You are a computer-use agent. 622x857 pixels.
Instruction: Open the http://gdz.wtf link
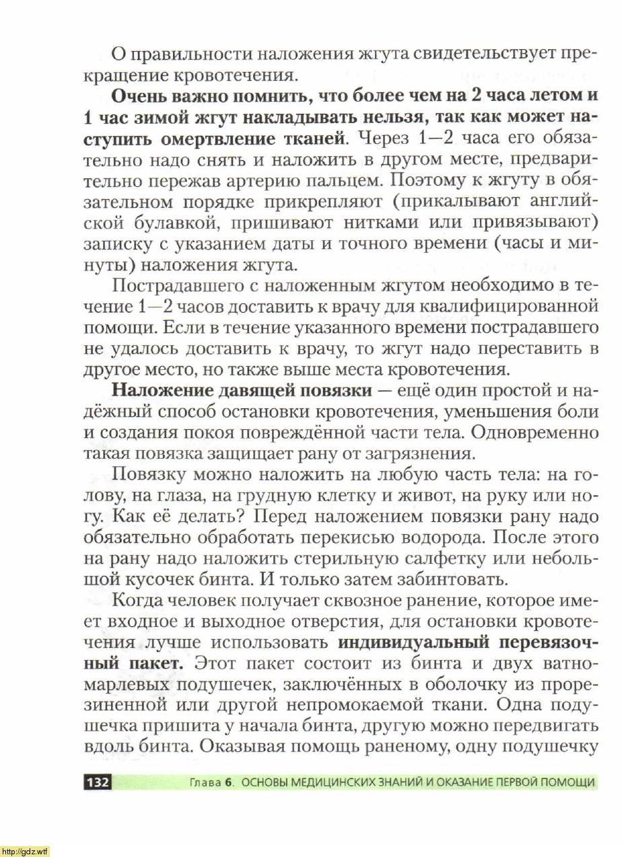point(25,851)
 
